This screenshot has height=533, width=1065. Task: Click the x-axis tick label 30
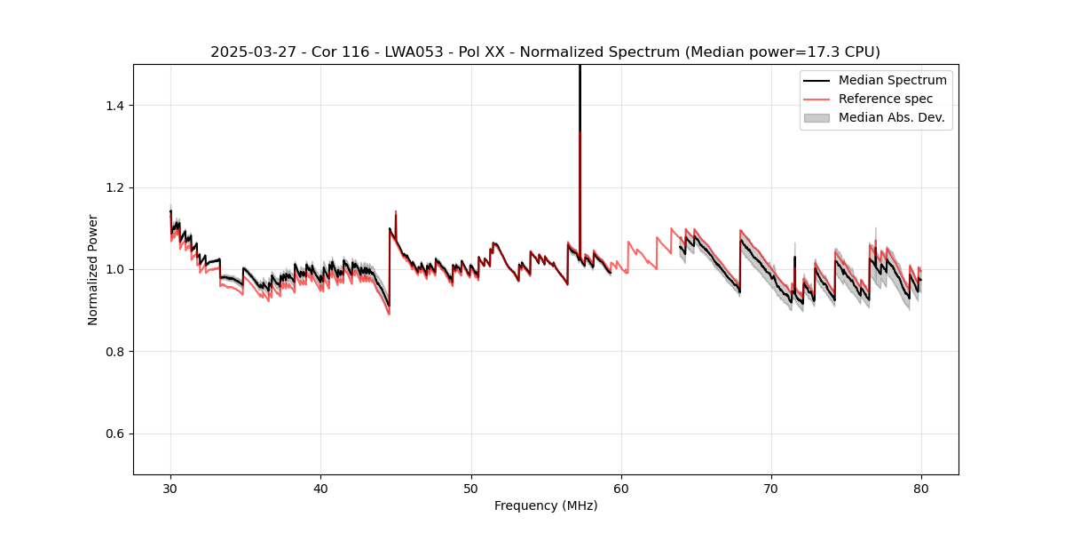pos(171,489)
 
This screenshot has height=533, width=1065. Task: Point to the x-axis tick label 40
pos(321,489)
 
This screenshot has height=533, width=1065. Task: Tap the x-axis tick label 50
pos(471,489)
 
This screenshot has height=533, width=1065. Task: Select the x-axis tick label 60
pos(621,489)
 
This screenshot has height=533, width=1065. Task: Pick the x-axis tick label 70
pos(771,489)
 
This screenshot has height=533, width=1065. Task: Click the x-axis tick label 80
pos(921,489)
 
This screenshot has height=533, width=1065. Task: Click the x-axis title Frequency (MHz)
pos(546,505)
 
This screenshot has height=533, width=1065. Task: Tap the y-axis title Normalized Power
pos(93,269)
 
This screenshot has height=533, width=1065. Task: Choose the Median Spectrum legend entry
pos(892,80)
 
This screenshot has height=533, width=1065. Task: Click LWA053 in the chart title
pos(396,52)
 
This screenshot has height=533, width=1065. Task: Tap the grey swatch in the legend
pos(816,117)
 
